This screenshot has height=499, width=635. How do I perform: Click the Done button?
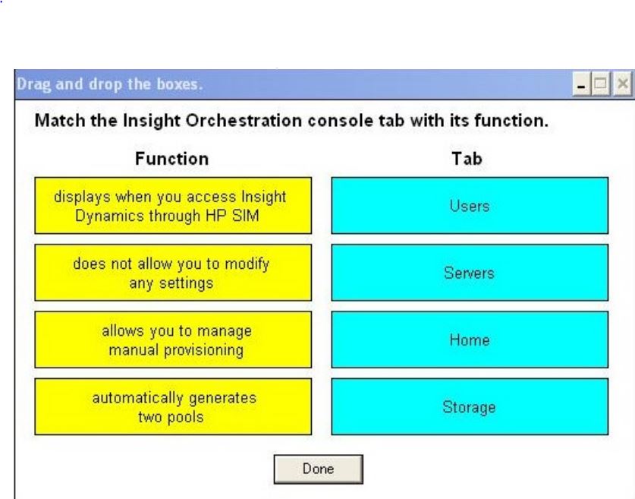[x=319, y=469]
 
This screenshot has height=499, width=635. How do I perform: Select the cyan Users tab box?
[x=470, y=206]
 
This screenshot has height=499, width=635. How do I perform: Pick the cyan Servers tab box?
[x=470, y=273]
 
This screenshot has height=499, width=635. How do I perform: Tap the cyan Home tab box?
[x=470, y=340]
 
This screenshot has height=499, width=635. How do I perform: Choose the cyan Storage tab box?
[x=470, y=406]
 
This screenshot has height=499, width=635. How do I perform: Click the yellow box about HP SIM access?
[x=173, y=206]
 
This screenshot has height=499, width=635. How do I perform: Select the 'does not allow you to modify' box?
[x=173, y=273]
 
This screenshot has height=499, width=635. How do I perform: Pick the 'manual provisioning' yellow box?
[x=173, y=340]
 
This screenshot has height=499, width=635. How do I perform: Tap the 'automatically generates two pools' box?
[x=173, y=406]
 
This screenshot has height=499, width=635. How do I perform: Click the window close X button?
[x=622, y=84]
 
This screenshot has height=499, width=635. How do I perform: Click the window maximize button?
[x=601, y=84]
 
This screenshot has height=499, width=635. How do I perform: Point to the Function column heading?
[x=171, y=159]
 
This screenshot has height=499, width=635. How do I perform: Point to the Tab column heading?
[x=467, y=159]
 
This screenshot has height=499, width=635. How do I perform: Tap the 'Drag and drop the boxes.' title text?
[x=109, y=84]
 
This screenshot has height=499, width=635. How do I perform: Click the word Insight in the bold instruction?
[x=152, y=122]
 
